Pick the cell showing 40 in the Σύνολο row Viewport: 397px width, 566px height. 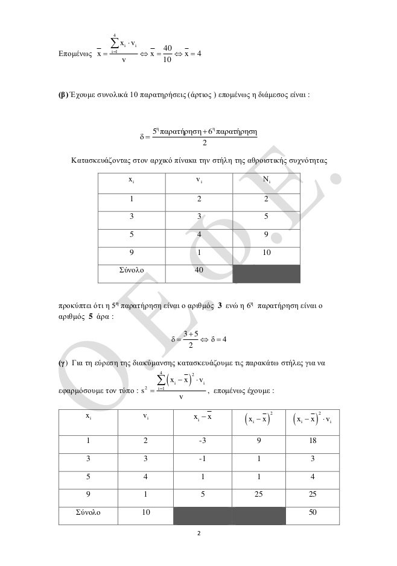click(x=198, y=271)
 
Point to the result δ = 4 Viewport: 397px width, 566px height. click(x=215, y=339)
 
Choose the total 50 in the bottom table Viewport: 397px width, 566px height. click(x=313, y=512)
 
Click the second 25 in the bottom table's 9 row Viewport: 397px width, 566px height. click(x=313, y=494)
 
